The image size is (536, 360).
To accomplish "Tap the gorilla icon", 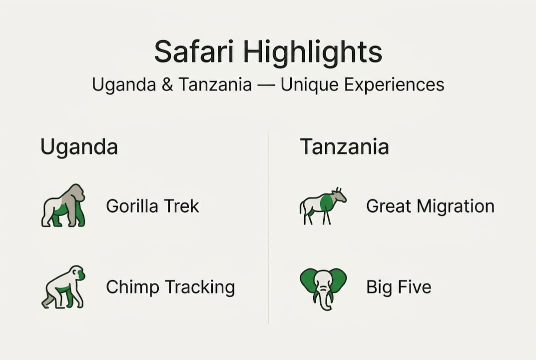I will tap(63, 205).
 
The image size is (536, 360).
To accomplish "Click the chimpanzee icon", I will tap(63, 286).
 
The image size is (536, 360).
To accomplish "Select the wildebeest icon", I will tap(323, 205).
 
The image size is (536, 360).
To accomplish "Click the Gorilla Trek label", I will tap(152, 206).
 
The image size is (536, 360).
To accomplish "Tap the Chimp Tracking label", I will tap(170, 287).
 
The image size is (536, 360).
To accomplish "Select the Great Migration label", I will tap(430, 206).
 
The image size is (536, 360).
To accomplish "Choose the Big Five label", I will tap(399, 287).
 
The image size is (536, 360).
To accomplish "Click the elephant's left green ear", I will tap(308, 280).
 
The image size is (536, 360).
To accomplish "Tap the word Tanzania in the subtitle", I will tap(215, 84).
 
